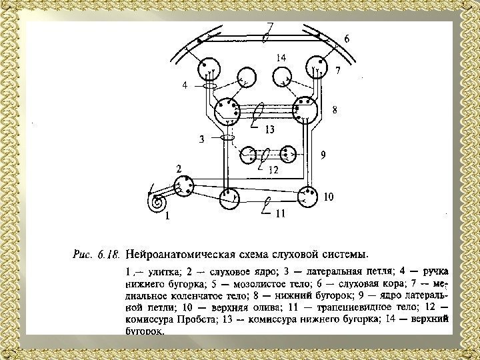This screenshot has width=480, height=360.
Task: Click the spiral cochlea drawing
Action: tap(159, 201)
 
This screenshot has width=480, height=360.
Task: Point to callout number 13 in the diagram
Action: tap(270, 129)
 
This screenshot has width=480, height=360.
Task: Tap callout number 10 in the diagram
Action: tap(328, 197)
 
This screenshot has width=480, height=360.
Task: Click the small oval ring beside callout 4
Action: tap(209, 85)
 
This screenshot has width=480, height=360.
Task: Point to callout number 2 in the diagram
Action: tap(179, 169)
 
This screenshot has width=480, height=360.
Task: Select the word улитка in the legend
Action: tap(159, 272)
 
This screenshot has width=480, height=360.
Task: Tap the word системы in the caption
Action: tap(343, 254)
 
